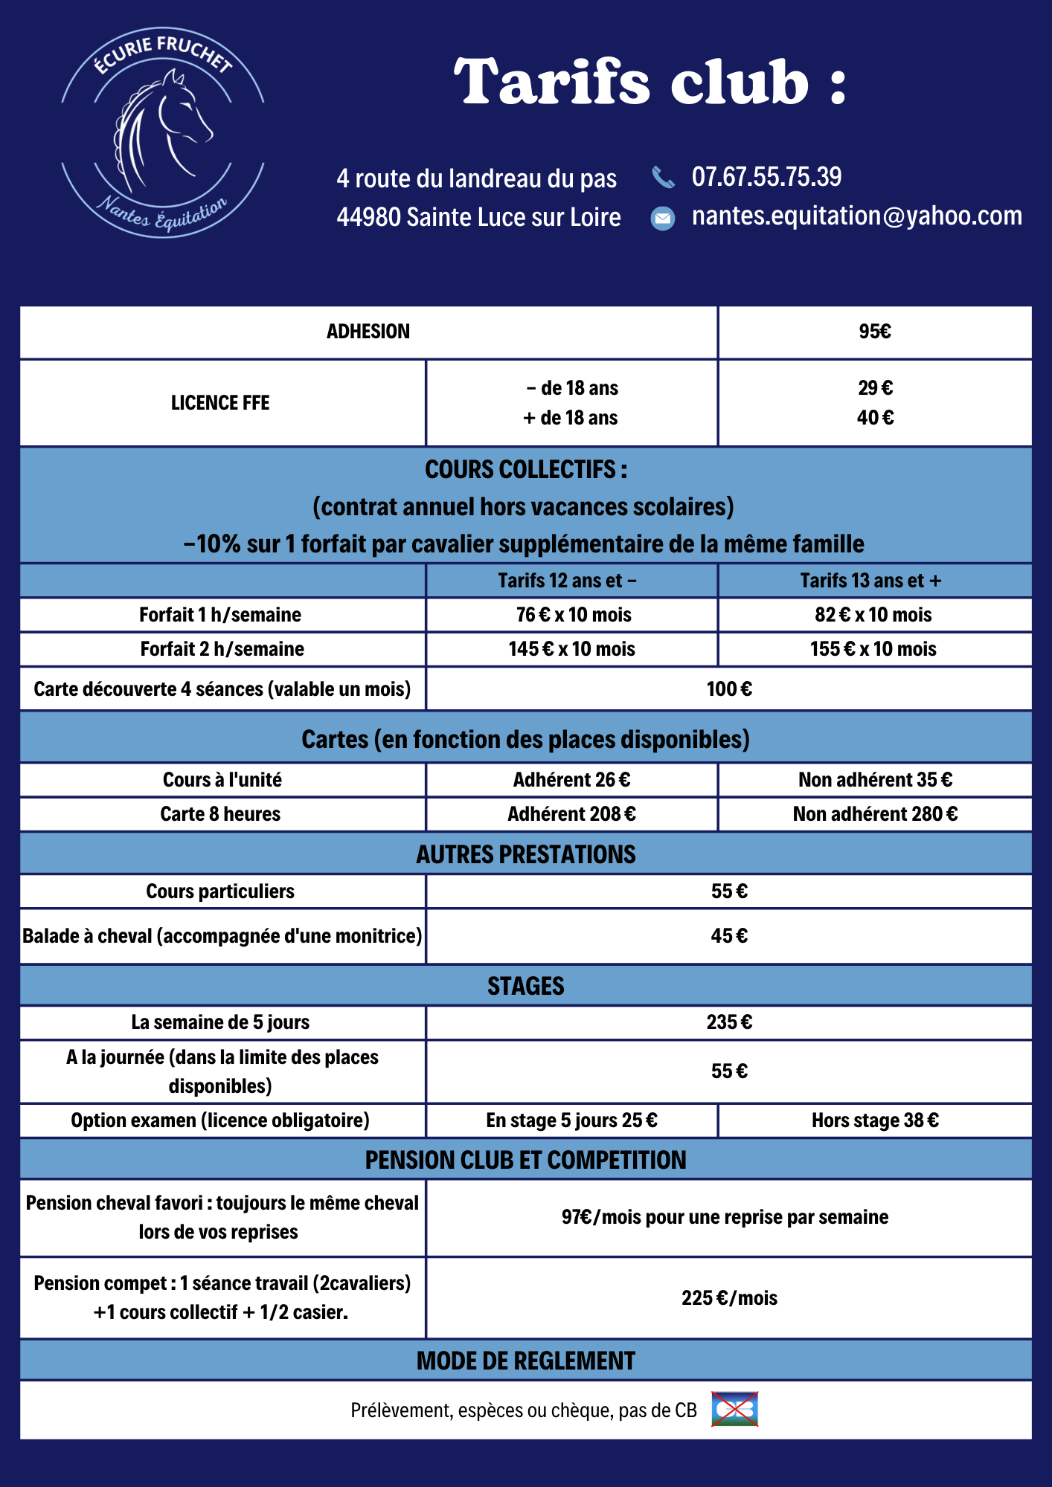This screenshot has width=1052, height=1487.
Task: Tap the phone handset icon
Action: [x=663, y=178]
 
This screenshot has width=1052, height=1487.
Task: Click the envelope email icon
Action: [x=663, y=218]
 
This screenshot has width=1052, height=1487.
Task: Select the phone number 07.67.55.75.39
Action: [x=766, y=177]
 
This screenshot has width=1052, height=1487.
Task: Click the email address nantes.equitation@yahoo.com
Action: [x=856, y=216]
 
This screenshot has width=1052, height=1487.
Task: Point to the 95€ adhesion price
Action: [x=875, y=332]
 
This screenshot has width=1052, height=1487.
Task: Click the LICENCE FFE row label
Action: [x=220, y=403]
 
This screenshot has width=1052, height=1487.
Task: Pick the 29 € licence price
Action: [x=875, y=388]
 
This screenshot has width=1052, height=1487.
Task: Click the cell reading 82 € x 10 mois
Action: [x=873, y=615]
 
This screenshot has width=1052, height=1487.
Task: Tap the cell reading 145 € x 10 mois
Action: [x=571, y=649]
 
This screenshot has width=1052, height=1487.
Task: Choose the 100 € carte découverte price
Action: [x=729, y=689]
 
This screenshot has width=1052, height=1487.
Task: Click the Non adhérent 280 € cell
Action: [x=875, y=814]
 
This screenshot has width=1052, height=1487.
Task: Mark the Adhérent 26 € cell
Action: [x=571, y=780]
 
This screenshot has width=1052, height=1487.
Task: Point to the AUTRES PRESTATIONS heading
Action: [x=526, y=854]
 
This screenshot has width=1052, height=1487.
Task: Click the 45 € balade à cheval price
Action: [x=729, y=936]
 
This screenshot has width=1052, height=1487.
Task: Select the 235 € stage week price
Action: [x=729, y=1022]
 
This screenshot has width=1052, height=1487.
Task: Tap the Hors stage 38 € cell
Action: [x=875, y=1120]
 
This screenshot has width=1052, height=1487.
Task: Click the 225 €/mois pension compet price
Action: [x=729, y=1298]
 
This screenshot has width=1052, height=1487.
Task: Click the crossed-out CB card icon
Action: [x=735, y=1410]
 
